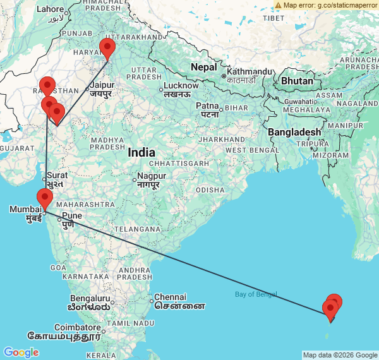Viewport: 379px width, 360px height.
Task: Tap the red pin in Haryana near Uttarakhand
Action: [x=107, y=48]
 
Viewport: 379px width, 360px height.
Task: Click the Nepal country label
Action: [x=204, y=67]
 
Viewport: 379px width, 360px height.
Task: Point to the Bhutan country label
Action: [x=297, y=81]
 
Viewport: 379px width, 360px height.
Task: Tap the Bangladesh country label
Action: [x=294, y=131]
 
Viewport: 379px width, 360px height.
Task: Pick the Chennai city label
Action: [x=171, y=297]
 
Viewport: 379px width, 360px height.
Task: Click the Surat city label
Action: [x=57, y=175]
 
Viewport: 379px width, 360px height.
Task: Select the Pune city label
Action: [x=70, y=215]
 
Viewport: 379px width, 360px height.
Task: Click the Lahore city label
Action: [x=51, y=9]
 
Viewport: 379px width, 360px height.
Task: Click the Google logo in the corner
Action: [x=21, y=352]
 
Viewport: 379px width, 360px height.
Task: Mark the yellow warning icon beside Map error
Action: [x=279, y=5]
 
